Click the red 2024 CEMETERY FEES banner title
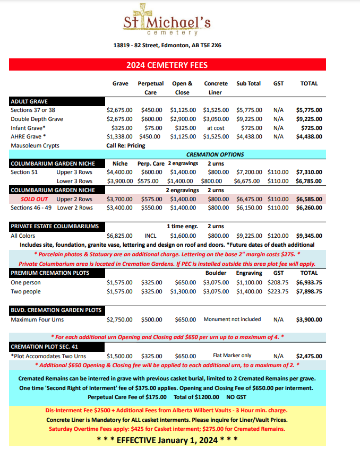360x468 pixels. (x=167, y=65)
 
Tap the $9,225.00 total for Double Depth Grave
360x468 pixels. (x=309, y=119)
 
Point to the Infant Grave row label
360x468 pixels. (x=28, y=128)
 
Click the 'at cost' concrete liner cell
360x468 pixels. (x=216, y=128)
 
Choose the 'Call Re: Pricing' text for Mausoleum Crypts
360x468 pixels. (x=126, y=145)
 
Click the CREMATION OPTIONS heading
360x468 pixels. (x=222, y=154)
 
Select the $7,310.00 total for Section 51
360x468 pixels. (x=309, y=172)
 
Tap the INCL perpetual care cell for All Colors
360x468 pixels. (x=150, y=235)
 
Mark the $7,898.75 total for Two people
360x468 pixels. (x=309, y=291)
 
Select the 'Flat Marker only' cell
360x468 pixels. (x=232, y=356)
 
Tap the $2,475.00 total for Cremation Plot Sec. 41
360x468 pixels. (x=309, y=356)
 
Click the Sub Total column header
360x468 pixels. (x=248, y=83)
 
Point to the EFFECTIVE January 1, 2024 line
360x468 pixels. (x=167, y=440)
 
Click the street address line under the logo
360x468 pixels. (x=167, y=45)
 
